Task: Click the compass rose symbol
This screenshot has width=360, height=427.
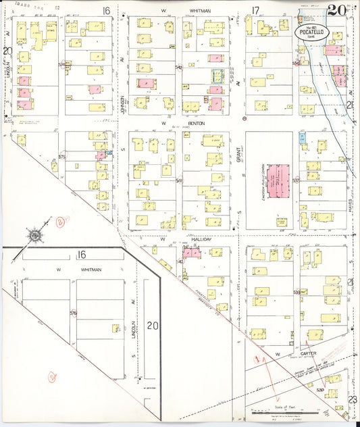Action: [34, 234]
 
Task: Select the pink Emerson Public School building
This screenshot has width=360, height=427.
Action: [277, 180]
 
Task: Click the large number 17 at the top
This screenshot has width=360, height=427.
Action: [255, 10]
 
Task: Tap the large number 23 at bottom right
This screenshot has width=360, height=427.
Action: [352, 399]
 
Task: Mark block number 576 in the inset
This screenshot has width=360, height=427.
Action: [73, 313]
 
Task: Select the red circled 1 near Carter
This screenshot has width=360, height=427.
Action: [257, 359]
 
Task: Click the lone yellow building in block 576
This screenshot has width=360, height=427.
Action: [115, 328]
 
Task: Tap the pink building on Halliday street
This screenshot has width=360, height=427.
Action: [192, 253]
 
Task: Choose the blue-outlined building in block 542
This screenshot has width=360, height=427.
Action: [217, 76]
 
